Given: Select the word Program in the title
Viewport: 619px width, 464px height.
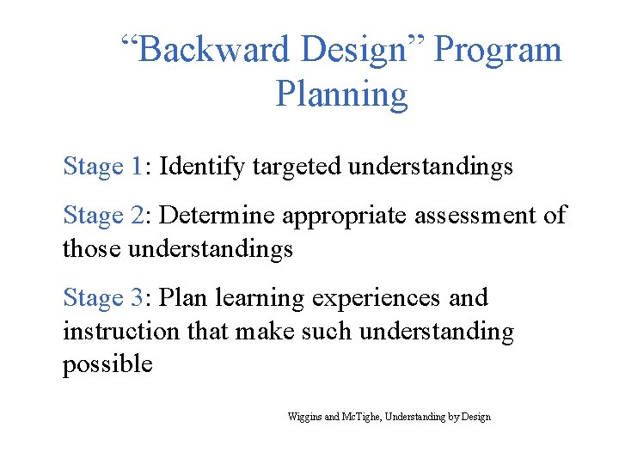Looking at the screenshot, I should point(498,50).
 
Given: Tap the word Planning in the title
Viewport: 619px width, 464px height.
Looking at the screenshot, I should point(341,94).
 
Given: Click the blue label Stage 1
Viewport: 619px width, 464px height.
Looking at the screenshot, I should point(104,166).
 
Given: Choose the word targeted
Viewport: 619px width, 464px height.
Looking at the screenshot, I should point(297,166).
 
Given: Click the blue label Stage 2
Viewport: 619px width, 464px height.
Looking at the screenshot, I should point(104,216).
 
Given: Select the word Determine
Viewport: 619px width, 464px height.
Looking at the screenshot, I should point(218,216).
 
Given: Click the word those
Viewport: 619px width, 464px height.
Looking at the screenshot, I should point(92,249).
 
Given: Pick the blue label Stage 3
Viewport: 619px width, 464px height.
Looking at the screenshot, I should point(104,298).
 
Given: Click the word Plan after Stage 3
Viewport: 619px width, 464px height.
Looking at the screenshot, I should point(184,298).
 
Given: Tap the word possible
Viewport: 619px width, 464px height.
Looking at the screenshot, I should point(107,364).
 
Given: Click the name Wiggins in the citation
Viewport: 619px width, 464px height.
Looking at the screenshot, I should point(305,417).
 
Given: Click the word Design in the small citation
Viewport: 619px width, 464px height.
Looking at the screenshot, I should point(476,417).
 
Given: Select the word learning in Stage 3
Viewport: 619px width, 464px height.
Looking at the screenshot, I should point(260,298).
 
